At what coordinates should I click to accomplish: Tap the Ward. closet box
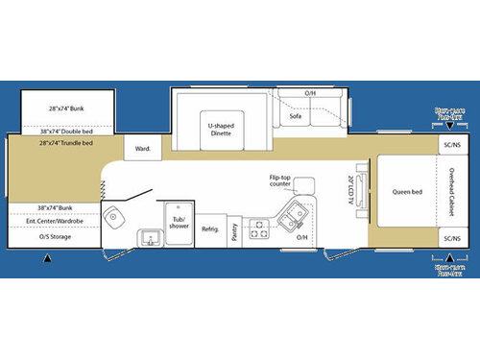[x=143, y=148]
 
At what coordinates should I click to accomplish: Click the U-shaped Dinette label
[x=222, y=130]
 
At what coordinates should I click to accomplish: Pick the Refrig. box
[x=210, y=230]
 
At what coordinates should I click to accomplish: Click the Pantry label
[x=235, y=229]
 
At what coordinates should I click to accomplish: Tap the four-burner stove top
[x=259, y=228]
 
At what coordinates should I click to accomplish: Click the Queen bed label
[x=407, y=192]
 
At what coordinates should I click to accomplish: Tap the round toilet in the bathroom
[x=113, y=217]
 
